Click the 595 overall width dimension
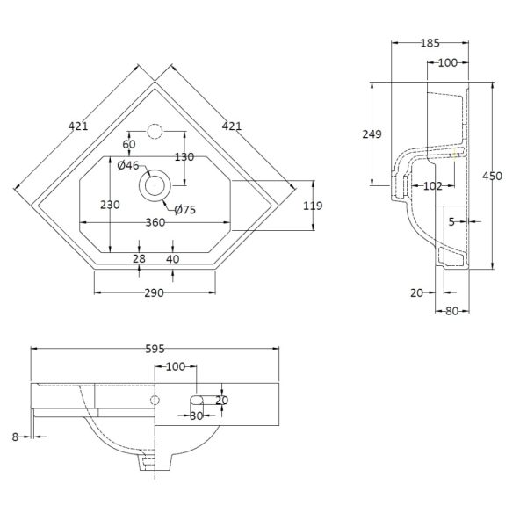pos(155,349)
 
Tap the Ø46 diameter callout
pos(128,165)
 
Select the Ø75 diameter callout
pos(185,210)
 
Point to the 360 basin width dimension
pos(155,222)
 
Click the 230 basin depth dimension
pos(110,205)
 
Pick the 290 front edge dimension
pos(155,293)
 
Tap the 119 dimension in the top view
pos(313,206)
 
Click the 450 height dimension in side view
pos(493,176)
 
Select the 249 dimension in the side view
pos(372,134)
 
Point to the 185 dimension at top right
pos(430,43)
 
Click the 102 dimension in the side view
pos(433,186)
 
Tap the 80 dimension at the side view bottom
pos(452,311)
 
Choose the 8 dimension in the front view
pos(15,437)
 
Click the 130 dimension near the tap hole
pos(184,156)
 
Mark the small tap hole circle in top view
pos(155,132)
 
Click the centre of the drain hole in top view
pos(155,185)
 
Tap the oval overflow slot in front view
pos(197,400)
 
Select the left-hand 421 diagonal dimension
pos(78,126)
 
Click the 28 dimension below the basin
pos(139,259)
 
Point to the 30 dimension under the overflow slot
pos(196,415)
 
